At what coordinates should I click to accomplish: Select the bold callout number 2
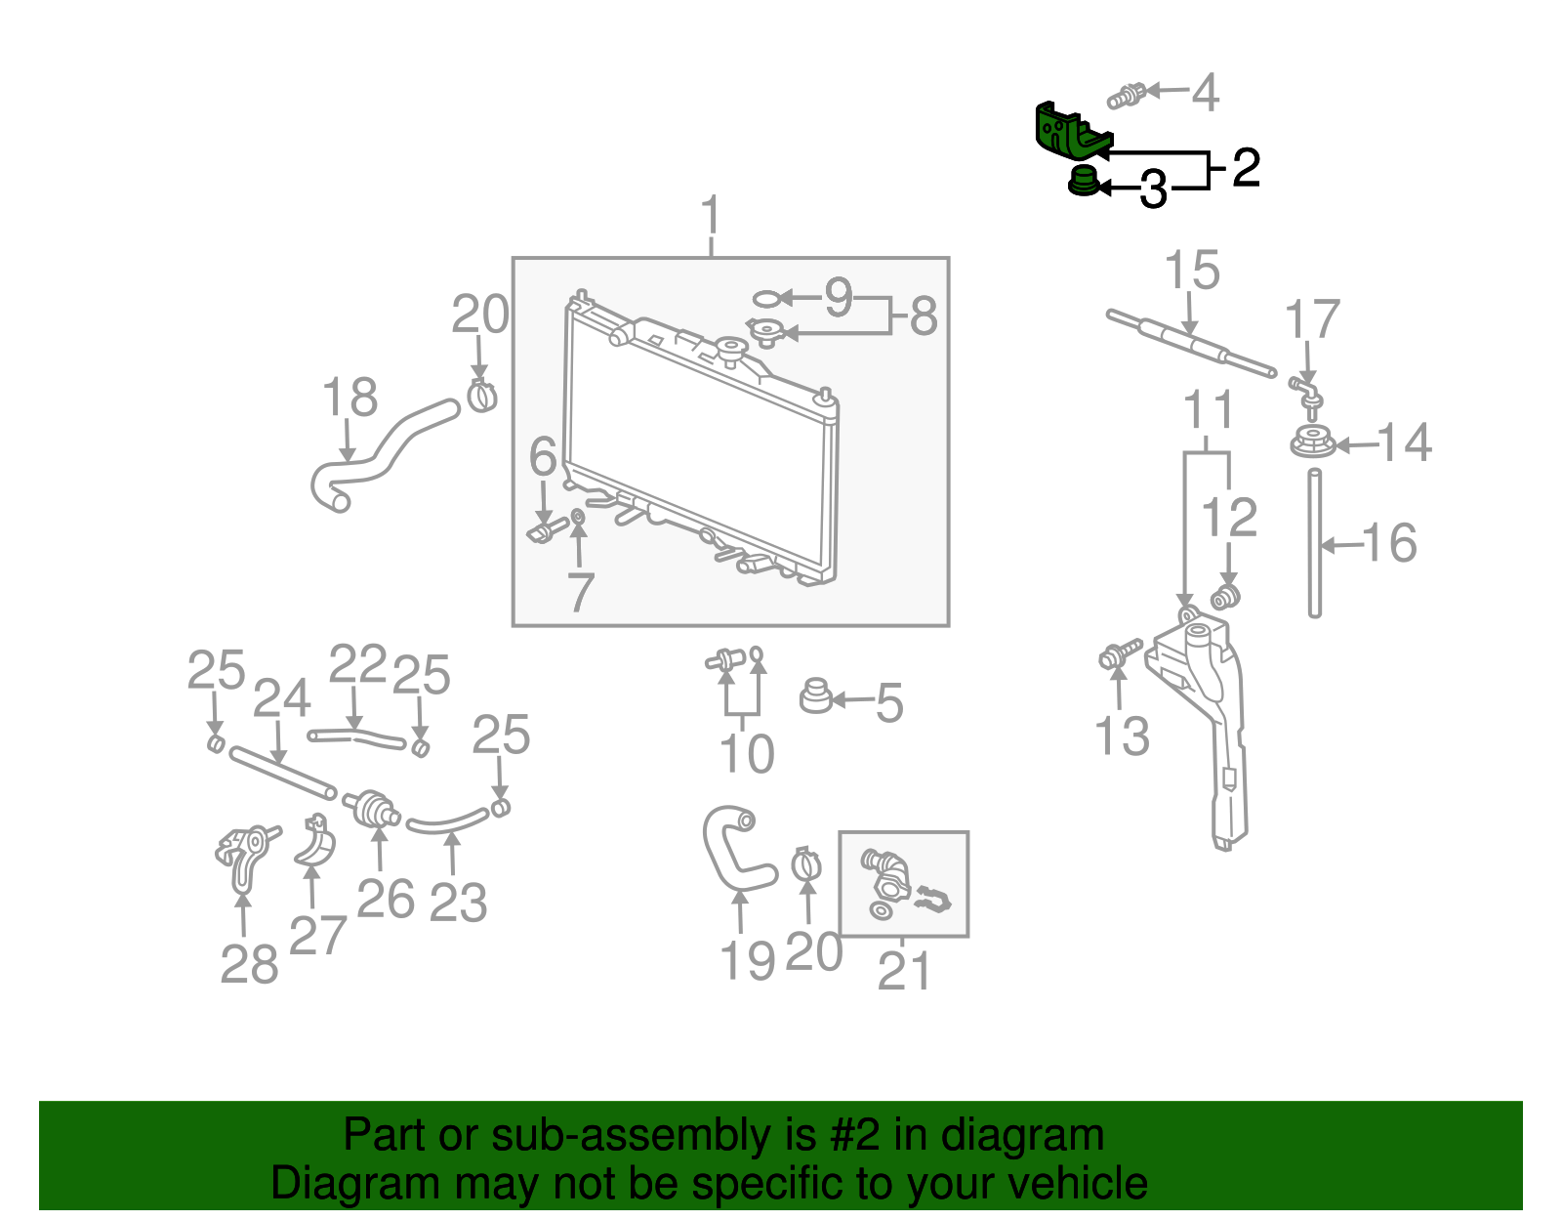[1246, 168]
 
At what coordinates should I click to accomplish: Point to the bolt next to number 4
[1125, 97]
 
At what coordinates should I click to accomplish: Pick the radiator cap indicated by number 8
[765, 333]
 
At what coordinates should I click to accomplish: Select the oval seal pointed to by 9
[766, 298]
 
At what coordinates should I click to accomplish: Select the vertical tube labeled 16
[1315, 542]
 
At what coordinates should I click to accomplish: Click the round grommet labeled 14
[1312, 443]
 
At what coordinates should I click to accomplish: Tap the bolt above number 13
[1119, 654]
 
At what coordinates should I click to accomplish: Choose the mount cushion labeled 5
[815, 696]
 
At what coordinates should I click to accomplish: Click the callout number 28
[249, 965]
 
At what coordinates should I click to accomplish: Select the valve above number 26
[372, 807]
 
